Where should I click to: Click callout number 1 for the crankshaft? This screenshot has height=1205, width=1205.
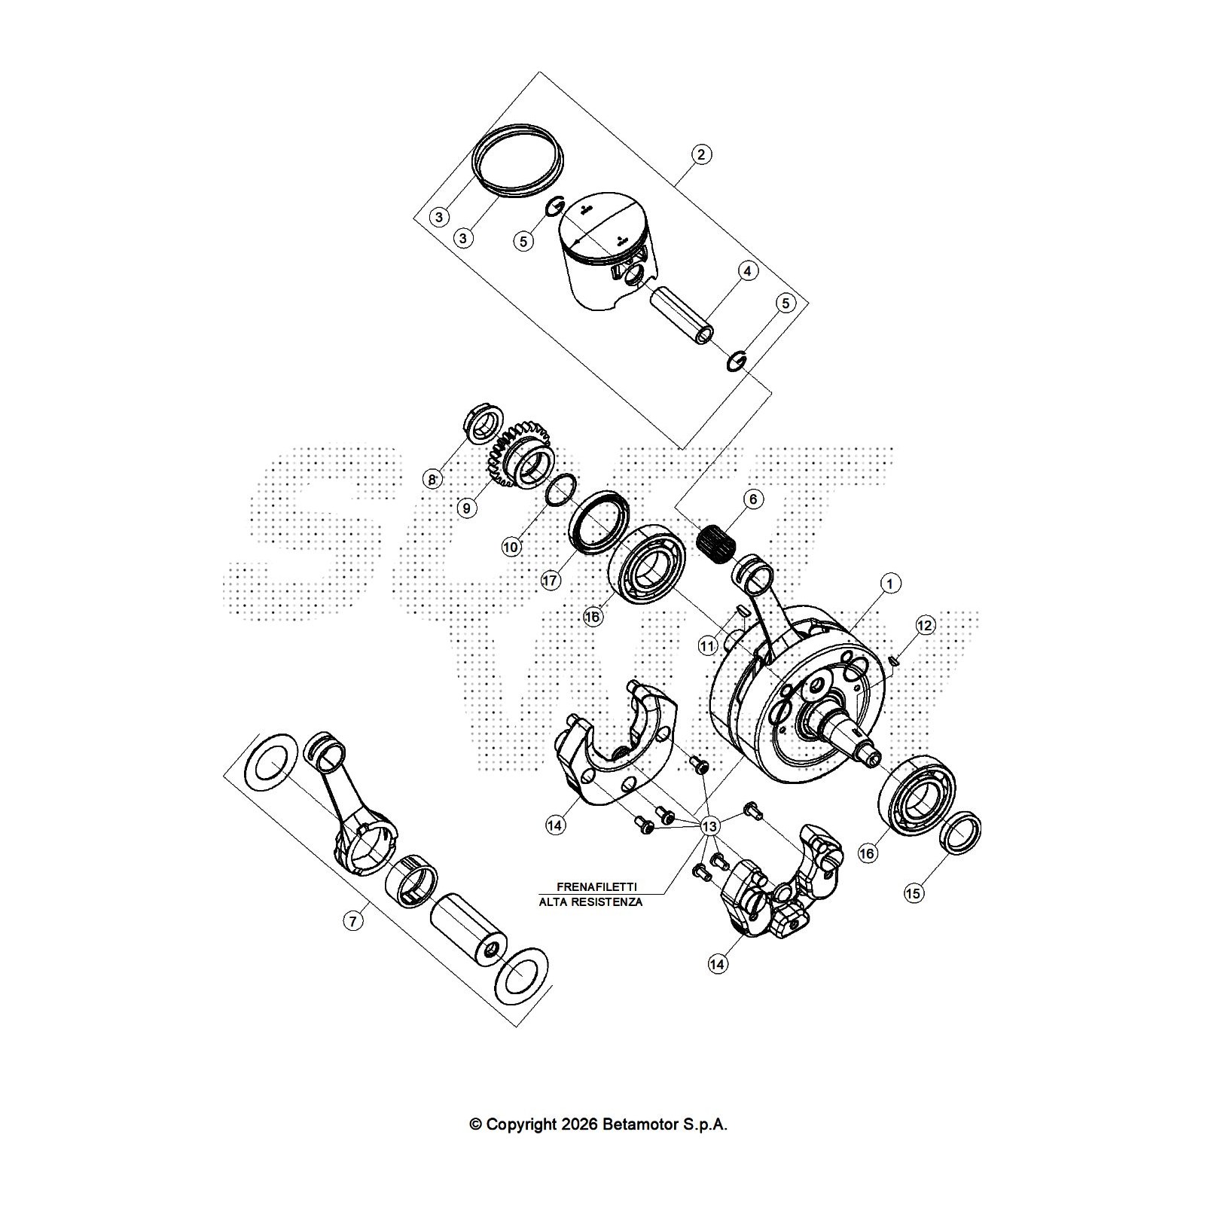tap(890, 583)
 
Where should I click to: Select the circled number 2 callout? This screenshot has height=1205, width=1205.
tap(700, 154)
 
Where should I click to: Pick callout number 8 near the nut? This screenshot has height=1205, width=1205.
tap(432, 479)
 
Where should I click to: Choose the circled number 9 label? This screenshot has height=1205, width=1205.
tap(467, 508)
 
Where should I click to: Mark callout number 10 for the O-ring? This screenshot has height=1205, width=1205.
tap(511, 547)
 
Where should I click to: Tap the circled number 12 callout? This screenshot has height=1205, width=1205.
tap(925, 625)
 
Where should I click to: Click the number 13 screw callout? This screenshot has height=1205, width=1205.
tap(709, 827)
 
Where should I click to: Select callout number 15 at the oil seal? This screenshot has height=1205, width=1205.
tap(913, 893)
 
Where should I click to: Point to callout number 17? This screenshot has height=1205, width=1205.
tap(551, 581)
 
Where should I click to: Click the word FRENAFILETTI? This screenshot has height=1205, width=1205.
tap(596, 887)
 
